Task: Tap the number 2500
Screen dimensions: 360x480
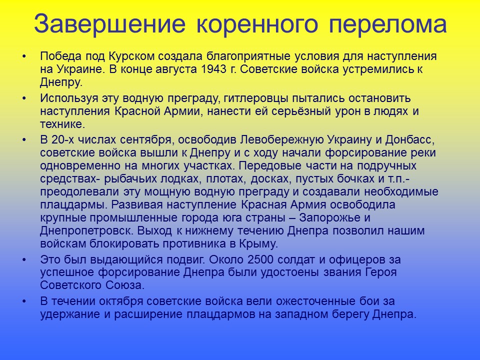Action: pyautogui.click(x=269, y=260)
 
